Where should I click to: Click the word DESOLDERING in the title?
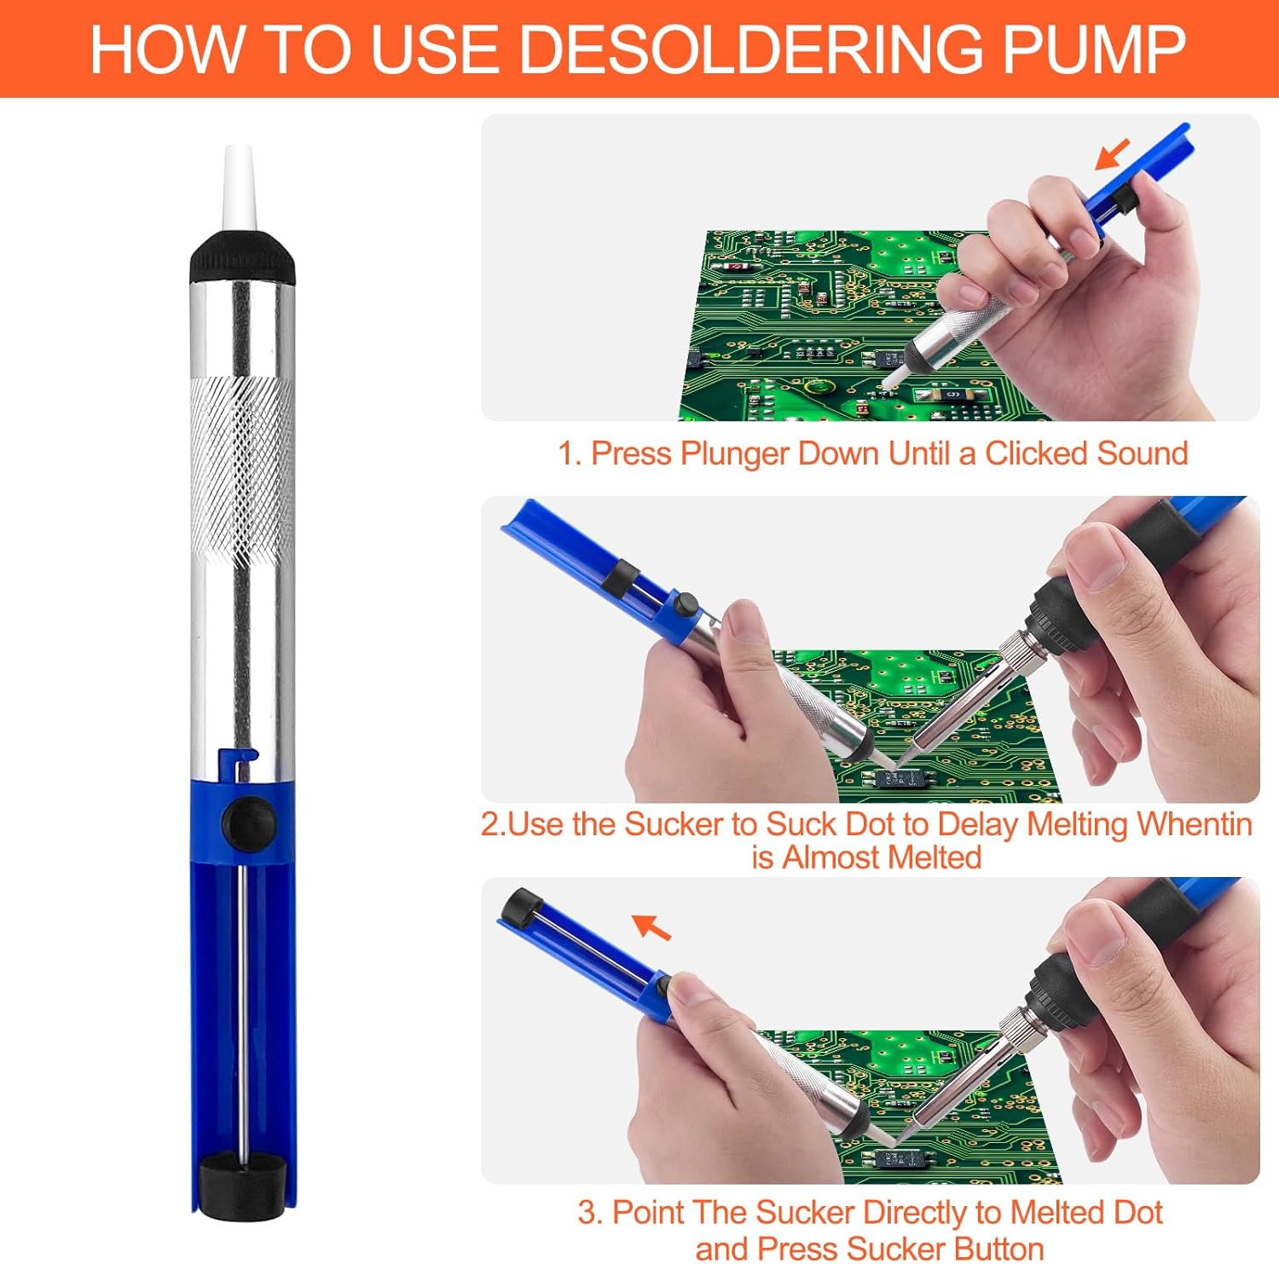753,49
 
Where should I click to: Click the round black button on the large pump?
249,822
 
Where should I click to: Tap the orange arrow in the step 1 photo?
1113,154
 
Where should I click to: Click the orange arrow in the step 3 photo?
651,926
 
